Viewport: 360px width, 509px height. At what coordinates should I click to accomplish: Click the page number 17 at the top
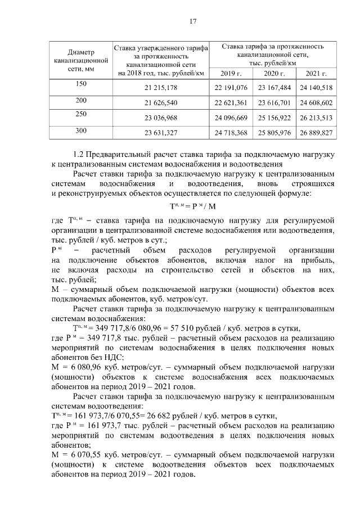(x=192, y=21)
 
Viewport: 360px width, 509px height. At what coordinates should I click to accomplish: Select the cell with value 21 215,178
(x=161, y=88)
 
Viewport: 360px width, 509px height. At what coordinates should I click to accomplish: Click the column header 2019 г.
(x=231, y=74)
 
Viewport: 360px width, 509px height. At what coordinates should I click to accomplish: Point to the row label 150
(x=81, y=84)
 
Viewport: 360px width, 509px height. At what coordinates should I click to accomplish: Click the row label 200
(x=81, y=100)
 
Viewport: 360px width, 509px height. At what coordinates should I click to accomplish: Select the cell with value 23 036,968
(x=161, y=118)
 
